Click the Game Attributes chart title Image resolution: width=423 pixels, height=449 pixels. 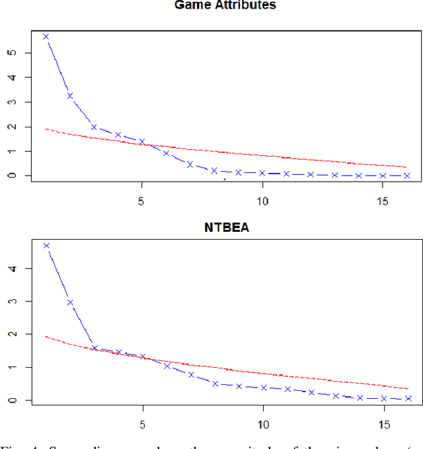(225, 5)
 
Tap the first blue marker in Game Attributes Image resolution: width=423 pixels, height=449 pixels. (46, 36)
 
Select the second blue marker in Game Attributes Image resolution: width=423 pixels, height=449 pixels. (69, 96)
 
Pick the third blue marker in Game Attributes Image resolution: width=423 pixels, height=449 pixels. (94, 127)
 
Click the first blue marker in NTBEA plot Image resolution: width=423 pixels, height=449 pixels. (46, 246)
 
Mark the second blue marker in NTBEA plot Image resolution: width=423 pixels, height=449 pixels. (69, 302)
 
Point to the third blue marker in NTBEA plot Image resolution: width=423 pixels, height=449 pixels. (94, 348)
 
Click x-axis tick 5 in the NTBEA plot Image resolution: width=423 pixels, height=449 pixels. (142, 423)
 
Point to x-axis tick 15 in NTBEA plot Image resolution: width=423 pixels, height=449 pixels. (383, 423)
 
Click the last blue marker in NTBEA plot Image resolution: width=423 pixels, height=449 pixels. (407, 398)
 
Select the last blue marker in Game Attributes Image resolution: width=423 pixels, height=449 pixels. (407, 176)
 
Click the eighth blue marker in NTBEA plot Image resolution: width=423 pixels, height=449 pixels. (215, 383)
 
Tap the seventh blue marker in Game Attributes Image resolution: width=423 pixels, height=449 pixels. (190, 164)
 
